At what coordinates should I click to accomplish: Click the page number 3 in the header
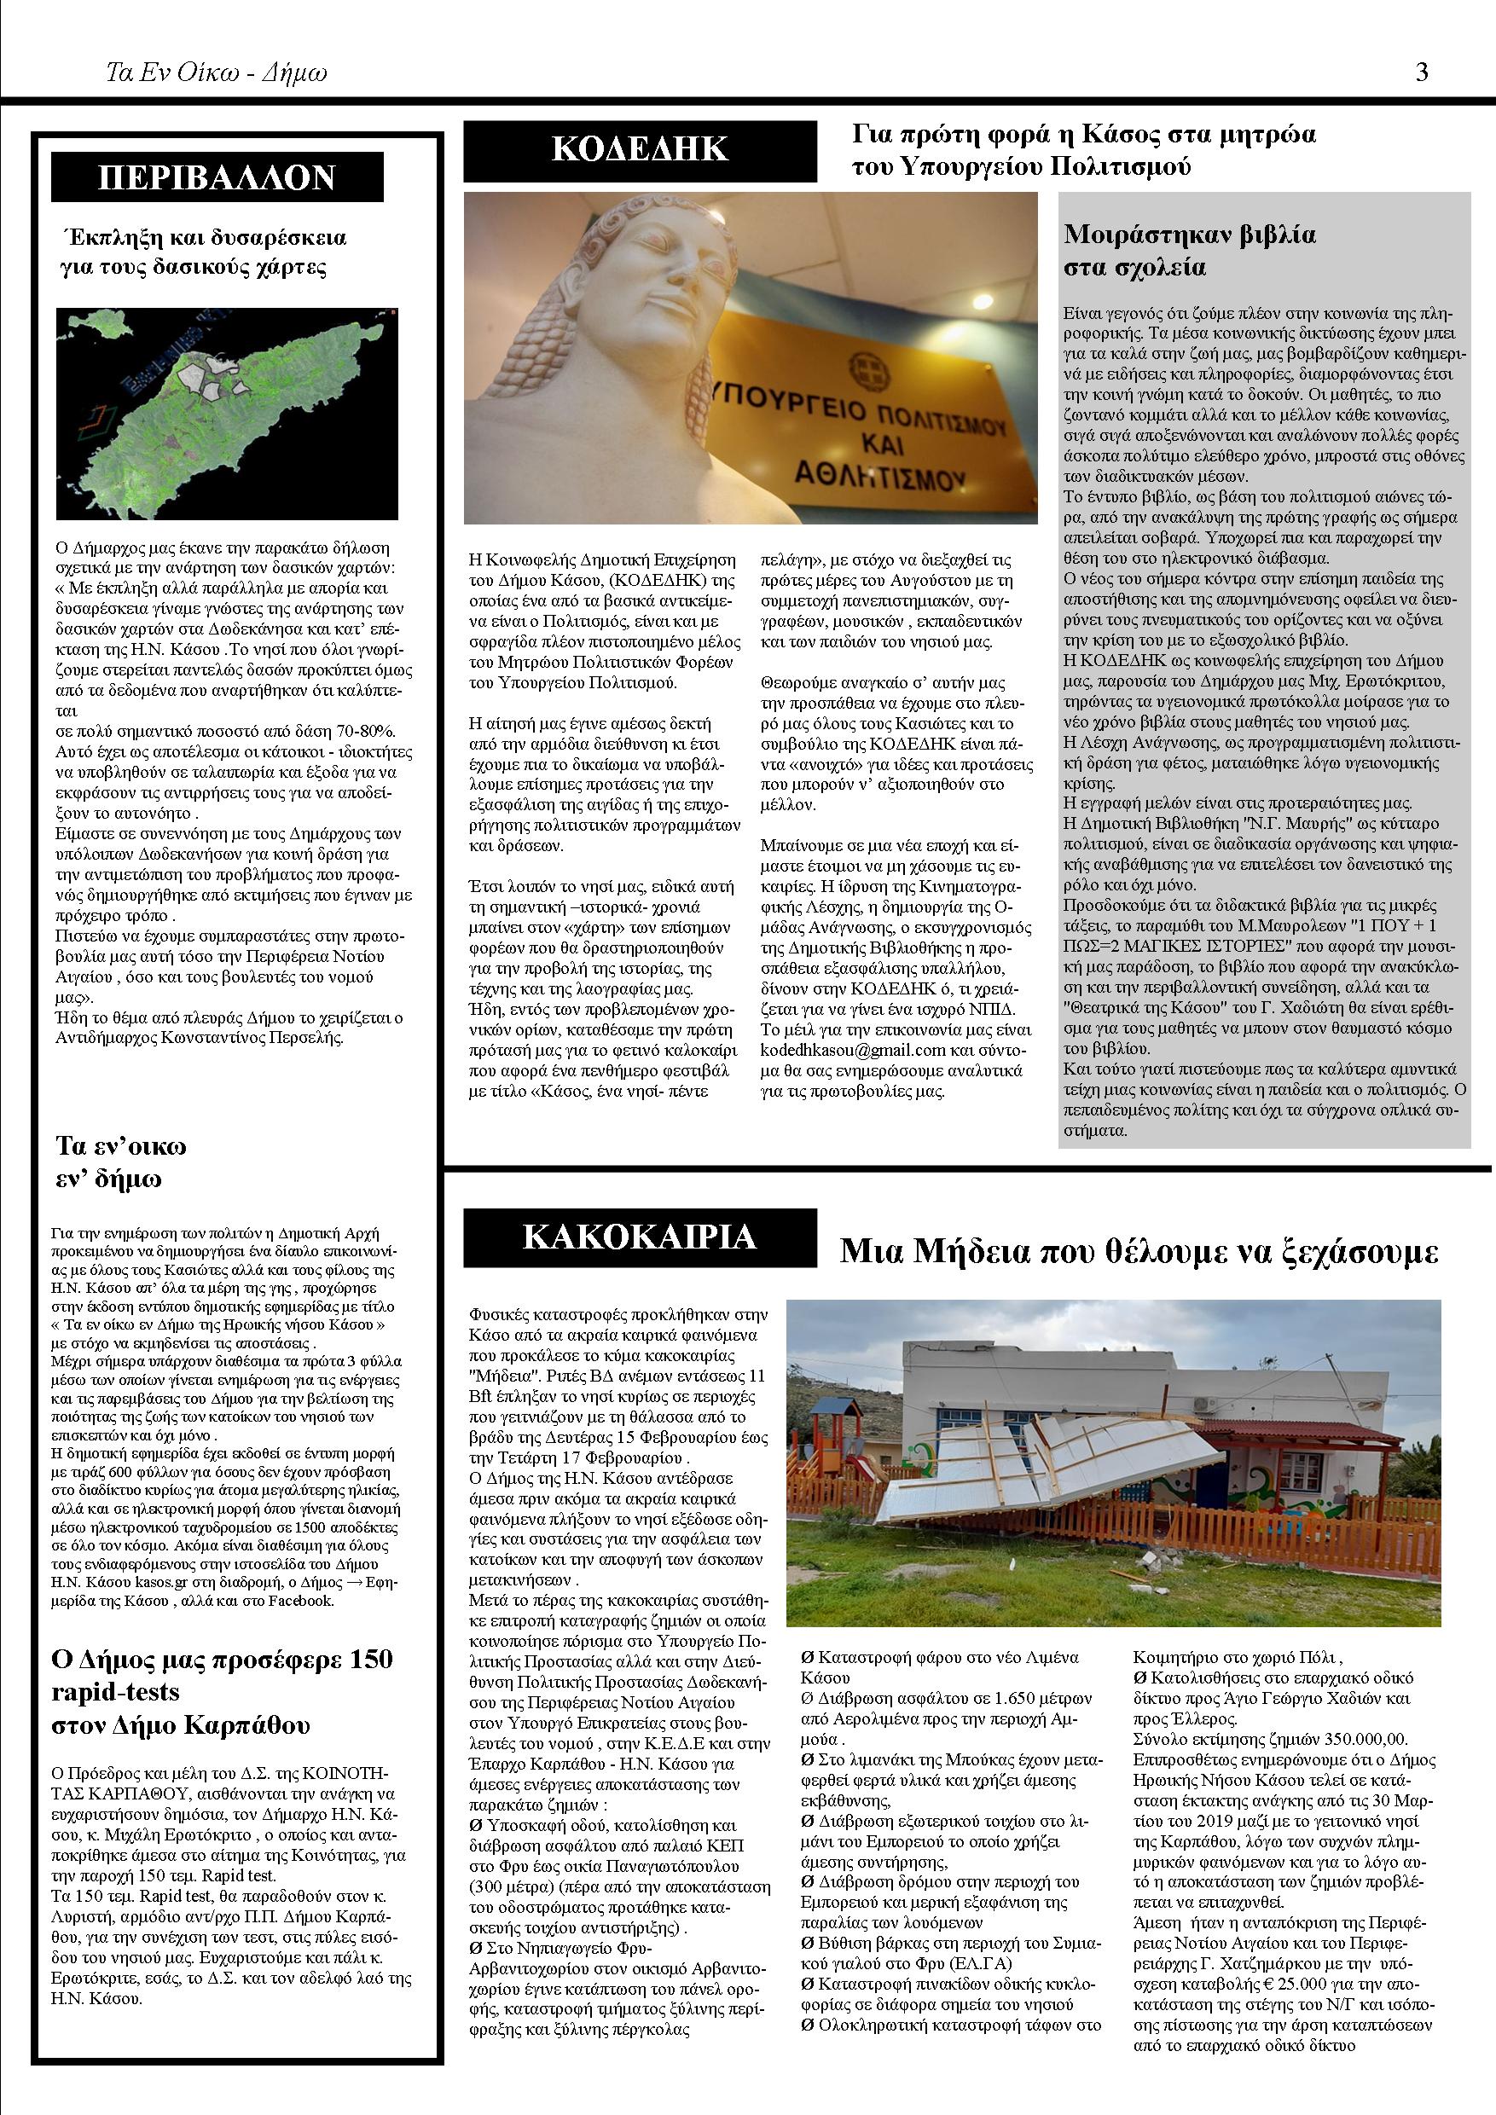tap(1422, 72)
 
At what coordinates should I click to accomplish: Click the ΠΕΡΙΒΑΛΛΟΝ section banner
tap(217, 177)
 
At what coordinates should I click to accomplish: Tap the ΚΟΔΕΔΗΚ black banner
tap(641, 149)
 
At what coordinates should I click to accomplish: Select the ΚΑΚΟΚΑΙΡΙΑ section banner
tap(641, 1237)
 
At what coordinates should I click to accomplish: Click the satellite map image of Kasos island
tap(227, 414)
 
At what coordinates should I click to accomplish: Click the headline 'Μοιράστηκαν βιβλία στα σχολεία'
tap(1189, 250)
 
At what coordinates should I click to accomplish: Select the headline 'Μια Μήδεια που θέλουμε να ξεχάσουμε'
tap(1139, 1252)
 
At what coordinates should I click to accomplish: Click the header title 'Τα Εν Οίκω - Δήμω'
tap(217, 72)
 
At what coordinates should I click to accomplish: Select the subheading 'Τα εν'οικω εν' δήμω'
tap(122, 1162)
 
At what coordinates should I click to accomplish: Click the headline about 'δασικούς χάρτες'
tap(203, 252)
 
